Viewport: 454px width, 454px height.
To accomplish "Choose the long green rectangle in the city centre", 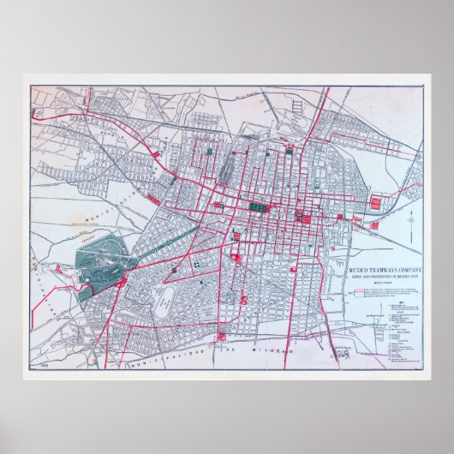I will click(x=257, y=207).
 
